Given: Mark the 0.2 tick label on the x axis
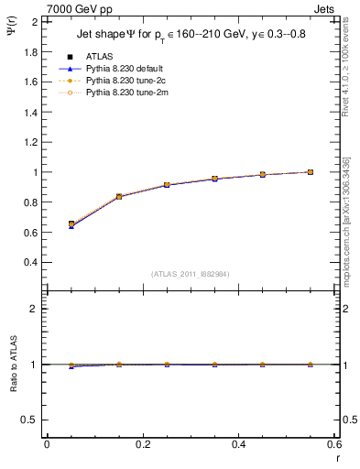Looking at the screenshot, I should coord(143,444).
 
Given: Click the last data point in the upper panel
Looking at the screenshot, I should coord(311,171).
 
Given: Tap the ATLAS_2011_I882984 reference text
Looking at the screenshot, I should coord(191,274).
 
